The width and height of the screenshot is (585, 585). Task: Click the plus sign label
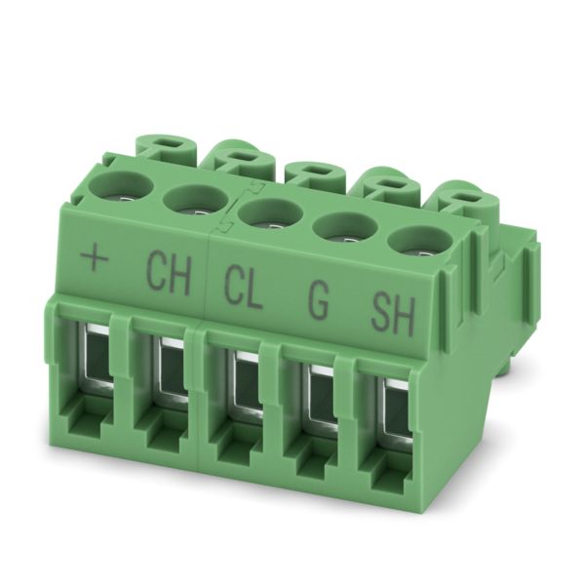95,258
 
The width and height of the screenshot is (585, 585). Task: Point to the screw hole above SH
419,244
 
